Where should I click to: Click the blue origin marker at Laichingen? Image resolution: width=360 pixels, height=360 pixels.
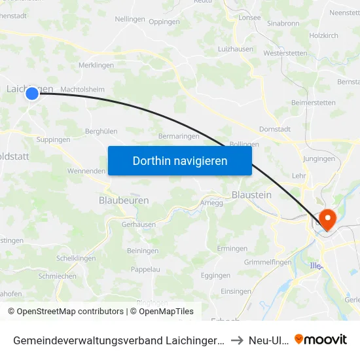(32, 94)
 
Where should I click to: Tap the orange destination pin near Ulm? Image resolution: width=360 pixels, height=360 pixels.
(325, 219)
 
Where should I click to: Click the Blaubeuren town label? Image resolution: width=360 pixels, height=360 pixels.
(124, 200)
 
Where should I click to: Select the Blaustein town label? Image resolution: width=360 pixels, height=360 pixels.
(251, 194)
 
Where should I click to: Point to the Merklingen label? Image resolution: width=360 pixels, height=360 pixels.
(96, 65)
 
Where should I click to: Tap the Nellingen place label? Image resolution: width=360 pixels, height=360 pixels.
(130, 19)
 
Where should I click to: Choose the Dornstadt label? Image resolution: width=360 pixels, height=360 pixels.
(275, 129)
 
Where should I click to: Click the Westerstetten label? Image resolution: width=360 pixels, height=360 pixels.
(285, 53)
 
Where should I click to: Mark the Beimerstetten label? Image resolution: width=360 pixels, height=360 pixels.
(314, 103)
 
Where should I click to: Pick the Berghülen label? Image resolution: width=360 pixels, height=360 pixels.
(101, 132)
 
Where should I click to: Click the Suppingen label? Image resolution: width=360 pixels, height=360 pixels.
(54, 139)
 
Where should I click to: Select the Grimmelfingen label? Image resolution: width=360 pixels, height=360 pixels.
(267, 262)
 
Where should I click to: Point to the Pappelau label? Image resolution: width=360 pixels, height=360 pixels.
(146, 269)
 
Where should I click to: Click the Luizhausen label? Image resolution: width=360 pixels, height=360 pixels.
(236, 49)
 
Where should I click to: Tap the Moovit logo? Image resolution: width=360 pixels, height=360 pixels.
(321, 339)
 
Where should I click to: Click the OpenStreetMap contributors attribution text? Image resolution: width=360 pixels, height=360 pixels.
(65, 312)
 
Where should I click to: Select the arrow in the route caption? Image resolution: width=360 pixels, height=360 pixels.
(238, 340)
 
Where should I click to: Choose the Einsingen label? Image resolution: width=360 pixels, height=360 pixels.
(236, 291)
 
